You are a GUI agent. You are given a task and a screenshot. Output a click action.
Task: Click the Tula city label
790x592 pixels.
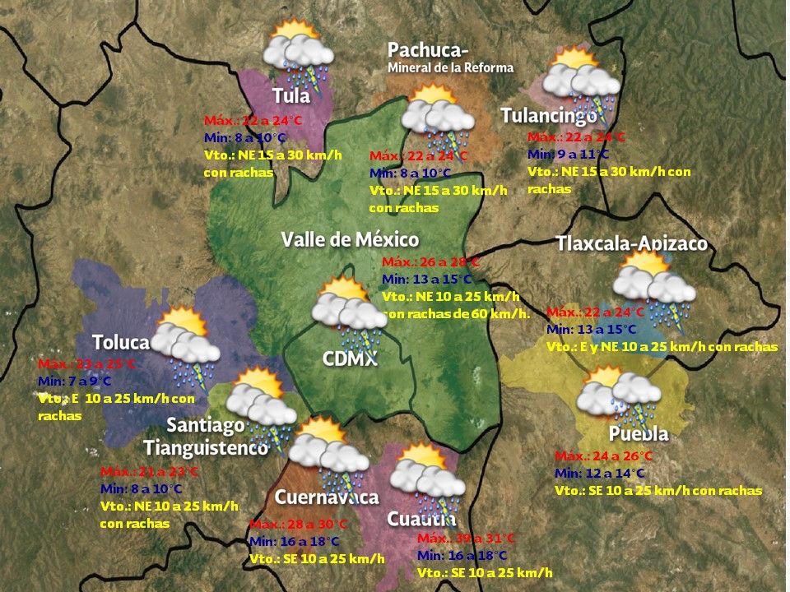(291, 95)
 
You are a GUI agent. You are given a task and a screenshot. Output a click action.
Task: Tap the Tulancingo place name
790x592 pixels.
(549, 116)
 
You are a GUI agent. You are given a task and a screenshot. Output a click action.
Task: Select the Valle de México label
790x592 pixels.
(350, 239)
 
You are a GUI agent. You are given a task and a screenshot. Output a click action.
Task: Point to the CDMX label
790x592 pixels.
(350, 358)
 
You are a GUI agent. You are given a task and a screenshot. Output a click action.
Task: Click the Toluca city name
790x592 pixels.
(121, 342)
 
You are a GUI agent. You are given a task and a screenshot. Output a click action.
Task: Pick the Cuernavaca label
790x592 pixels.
(326, 497)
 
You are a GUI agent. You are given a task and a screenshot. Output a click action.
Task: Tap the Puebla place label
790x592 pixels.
(639, 433)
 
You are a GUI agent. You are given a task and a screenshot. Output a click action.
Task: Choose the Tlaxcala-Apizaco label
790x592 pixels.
(631, 243)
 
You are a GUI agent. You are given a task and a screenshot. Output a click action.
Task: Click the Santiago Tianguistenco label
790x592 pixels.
(207, 437)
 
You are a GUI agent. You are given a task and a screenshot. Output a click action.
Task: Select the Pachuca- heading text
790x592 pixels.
(428, 50)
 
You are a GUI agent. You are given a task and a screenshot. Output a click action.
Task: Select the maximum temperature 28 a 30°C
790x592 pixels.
(299, 525)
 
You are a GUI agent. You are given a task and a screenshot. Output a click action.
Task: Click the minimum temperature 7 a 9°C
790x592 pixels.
(74, 381)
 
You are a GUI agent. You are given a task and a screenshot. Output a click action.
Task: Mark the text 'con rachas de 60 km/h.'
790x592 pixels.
(457, 313)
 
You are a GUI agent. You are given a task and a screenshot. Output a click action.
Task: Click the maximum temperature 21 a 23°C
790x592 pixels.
(149, 472)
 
